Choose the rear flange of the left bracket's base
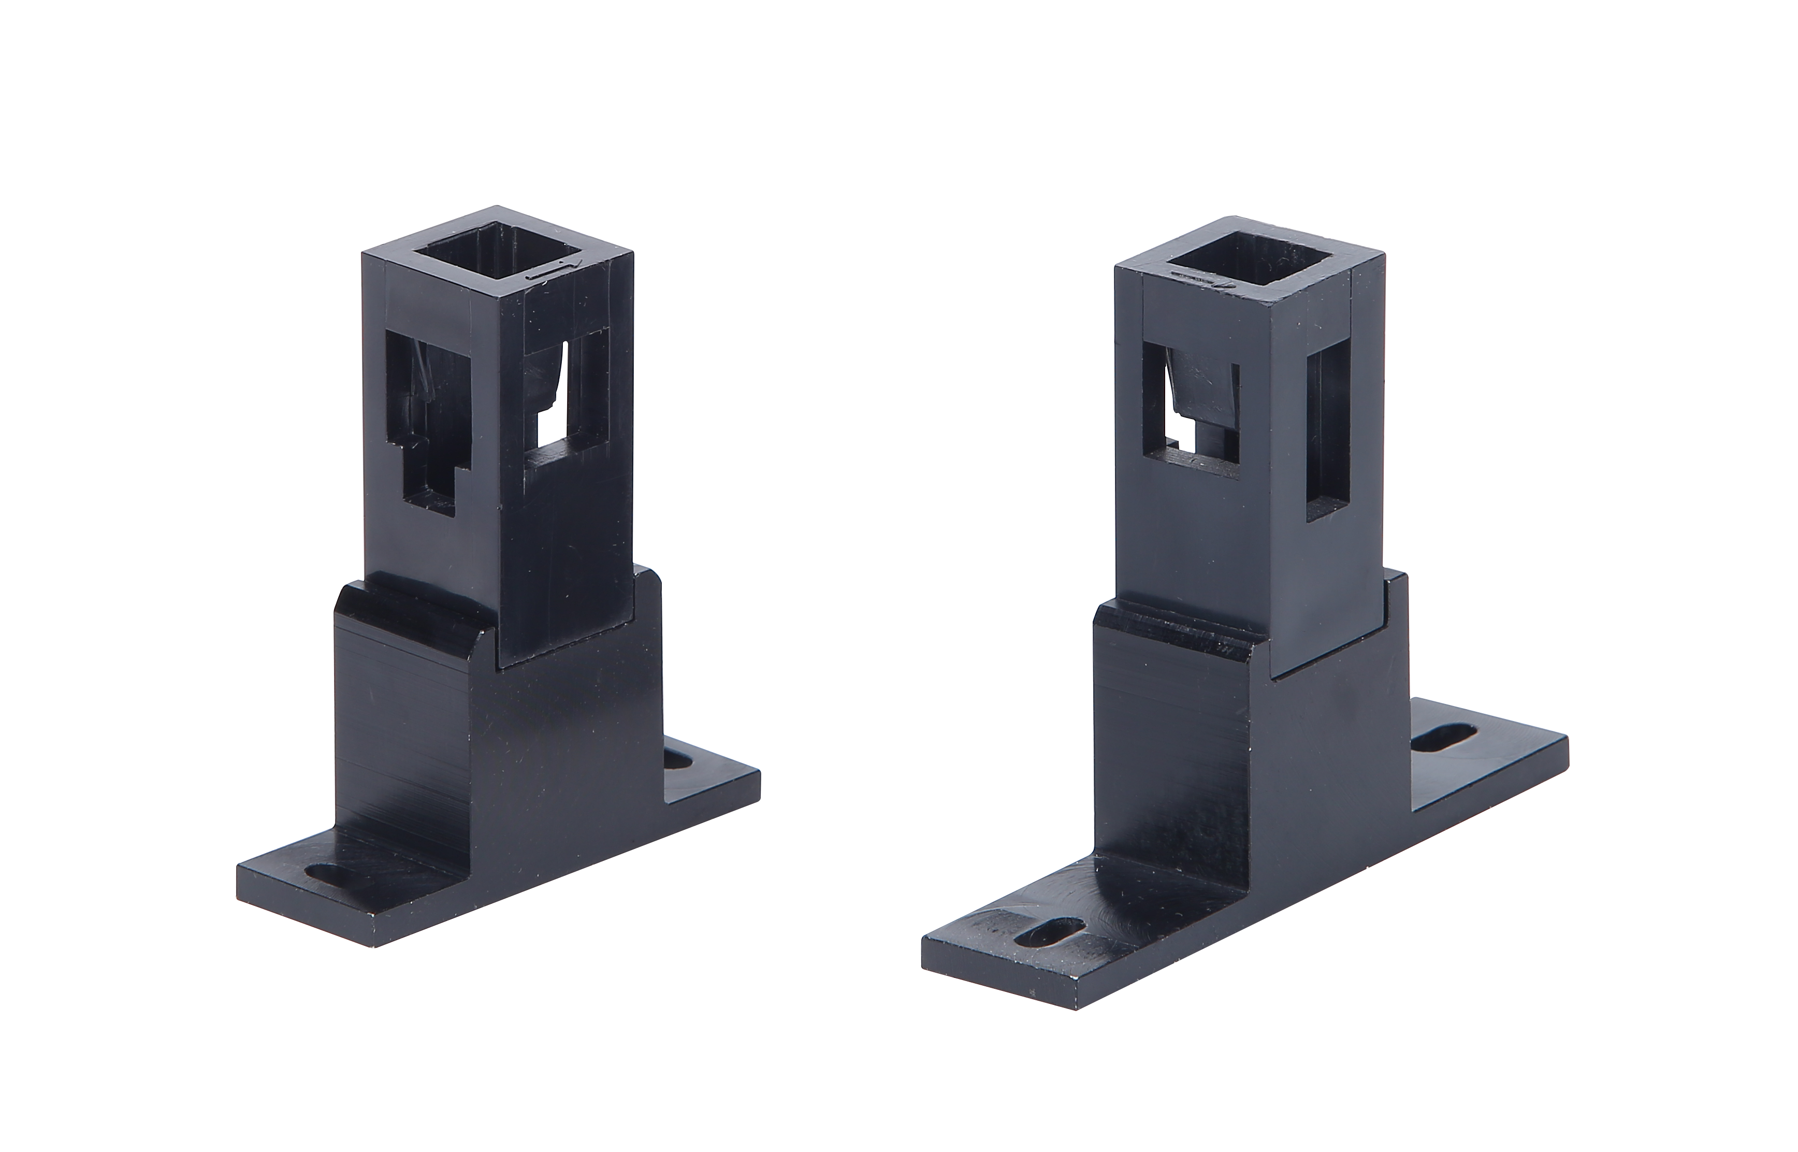click(x=711, y=778)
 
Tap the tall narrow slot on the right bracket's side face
click(x=1328, y=434)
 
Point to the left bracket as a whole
click(x=497, y=598)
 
